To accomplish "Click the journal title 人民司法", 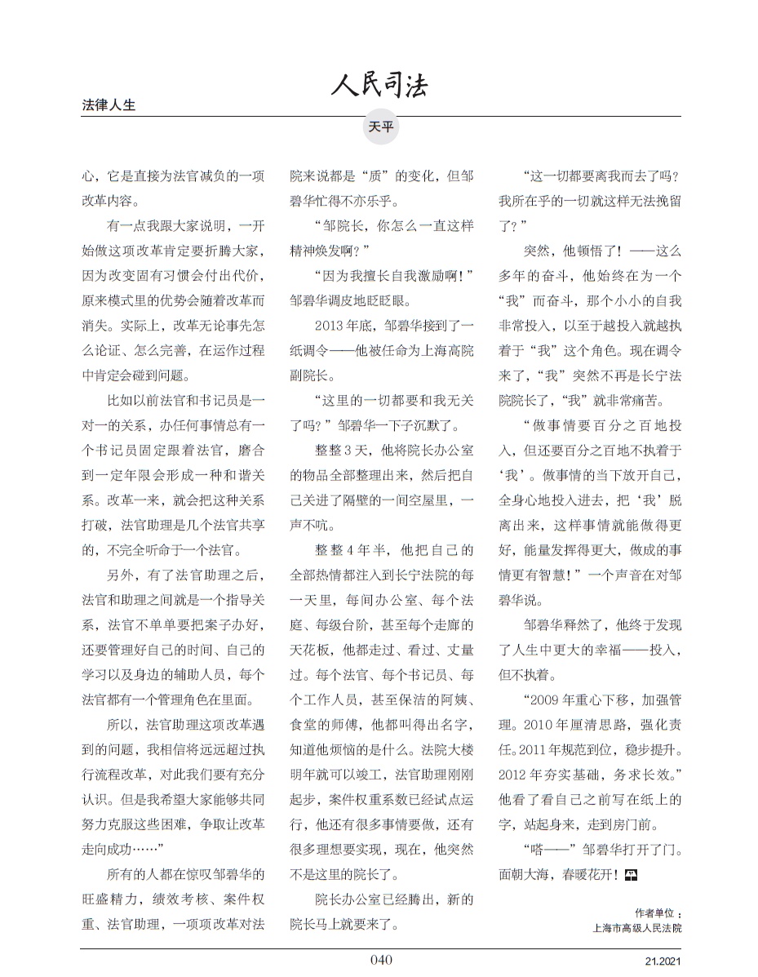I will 379,84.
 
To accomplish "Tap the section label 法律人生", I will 109,105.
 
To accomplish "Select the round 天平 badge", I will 380,127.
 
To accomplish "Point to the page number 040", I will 381,959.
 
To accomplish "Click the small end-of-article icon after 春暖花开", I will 630,874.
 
